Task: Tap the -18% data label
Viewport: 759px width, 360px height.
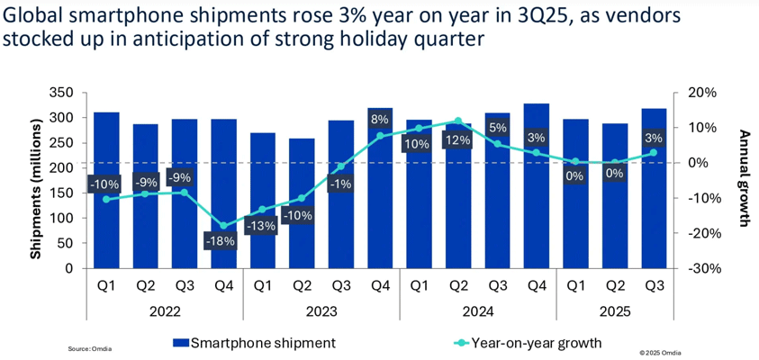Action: [x=223, y=241]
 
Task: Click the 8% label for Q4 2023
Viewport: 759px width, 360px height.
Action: [x=379, y=119]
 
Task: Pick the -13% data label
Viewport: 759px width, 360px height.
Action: [x=262, y=226]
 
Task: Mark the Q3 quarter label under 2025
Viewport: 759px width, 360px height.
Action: [x=654, y=288]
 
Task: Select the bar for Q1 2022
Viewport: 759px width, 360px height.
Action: [x=106, y=198]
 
